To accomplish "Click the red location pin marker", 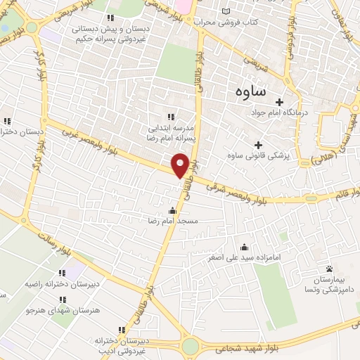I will [180, 165].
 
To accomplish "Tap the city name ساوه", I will [250, 91].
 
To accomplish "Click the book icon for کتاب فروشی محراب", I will [225, 12].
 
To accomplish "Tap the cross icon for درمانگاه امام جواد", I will [279, 101].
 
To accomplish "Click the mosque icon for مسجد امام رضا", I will [173, 210].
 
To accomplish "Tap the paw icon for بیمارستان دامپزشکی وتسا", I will [329, 269].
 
